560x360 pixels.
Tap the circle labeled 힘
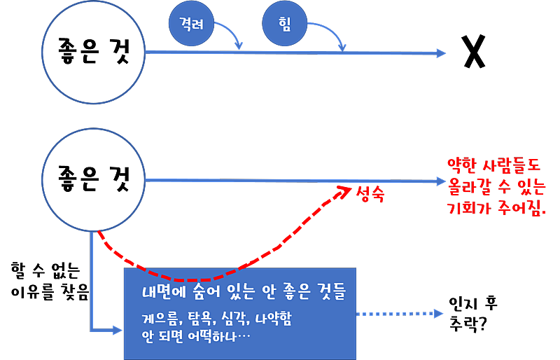pyautogui.click(x=285, y=23)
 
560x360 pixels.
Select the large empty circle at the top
pyautogui.click(x=94, y=53)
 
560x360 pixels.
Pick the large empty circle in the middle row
pyautogui.click(x=94, y=180)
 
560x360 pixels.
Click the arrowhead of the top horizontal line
pyautogui.click(x=441, y=53)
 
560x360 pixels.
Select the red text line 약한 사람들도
pyautogui.click(x=494, y=166)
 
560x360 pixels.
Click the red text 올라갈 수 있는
pyautogui.click(x=494, y=187)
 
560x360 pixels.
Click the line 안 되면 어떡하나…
pyautogui.click(x=196, y=336)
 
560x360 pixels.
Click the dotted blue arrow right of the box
pyautogui.click(x=399, y=314)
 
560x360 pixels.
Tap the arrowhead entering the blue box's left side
pyautogui.click(x=118, y=329)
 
